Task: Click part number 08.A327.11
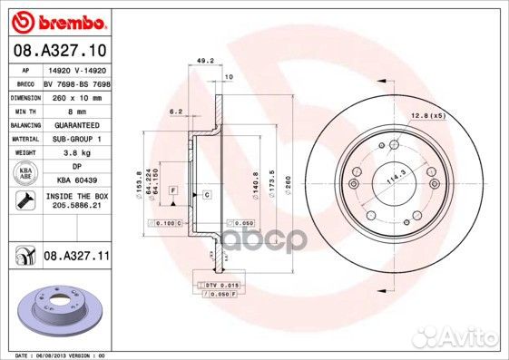pyautogui.click(x=75, y=258)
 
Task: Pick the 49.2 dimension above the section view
pyautogui.click(x=205, y=63)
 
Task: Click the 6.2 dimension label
pyautogui.click(x=176, y=111)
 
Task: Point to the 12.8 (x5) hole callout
pyautogui.click(x=425, y=116)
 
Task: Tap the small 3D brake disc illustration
pyautogui.click(x=57, y=311)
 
